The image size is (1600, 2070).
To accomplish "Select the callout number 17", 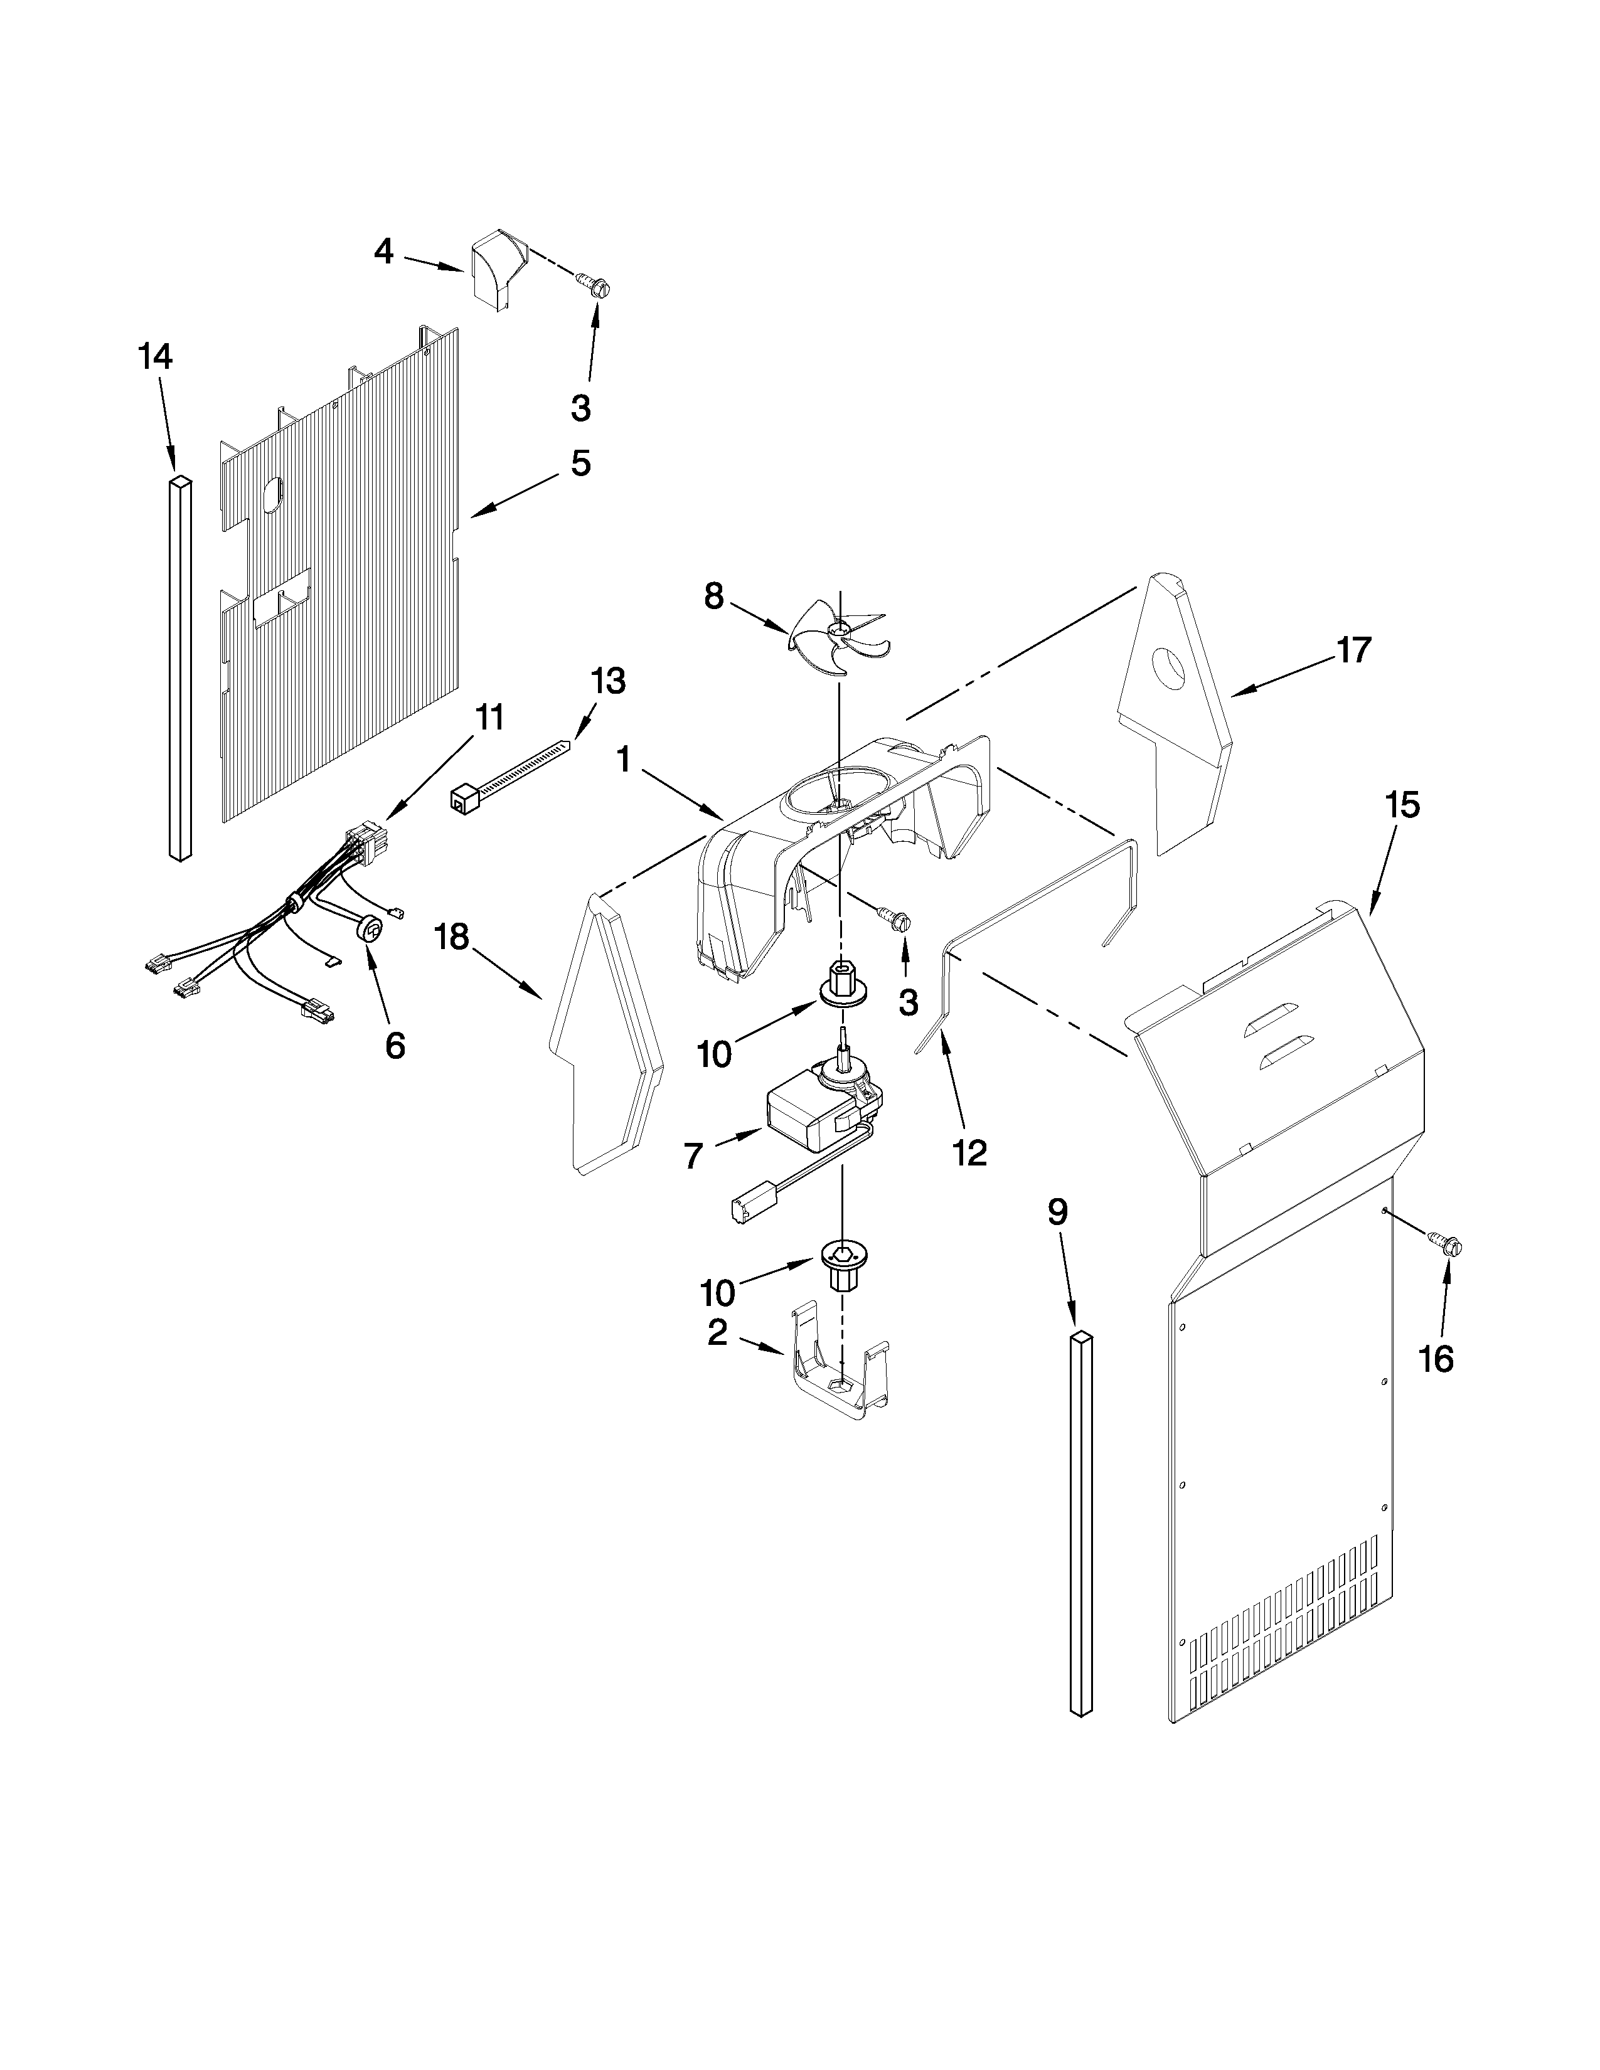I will click(x=1353, y=650).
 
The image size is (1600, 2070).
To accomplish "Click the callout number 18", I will click(x=452, y=937).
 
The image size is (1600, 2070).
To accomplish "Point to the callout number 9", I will click(x=1058, y=1211).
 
